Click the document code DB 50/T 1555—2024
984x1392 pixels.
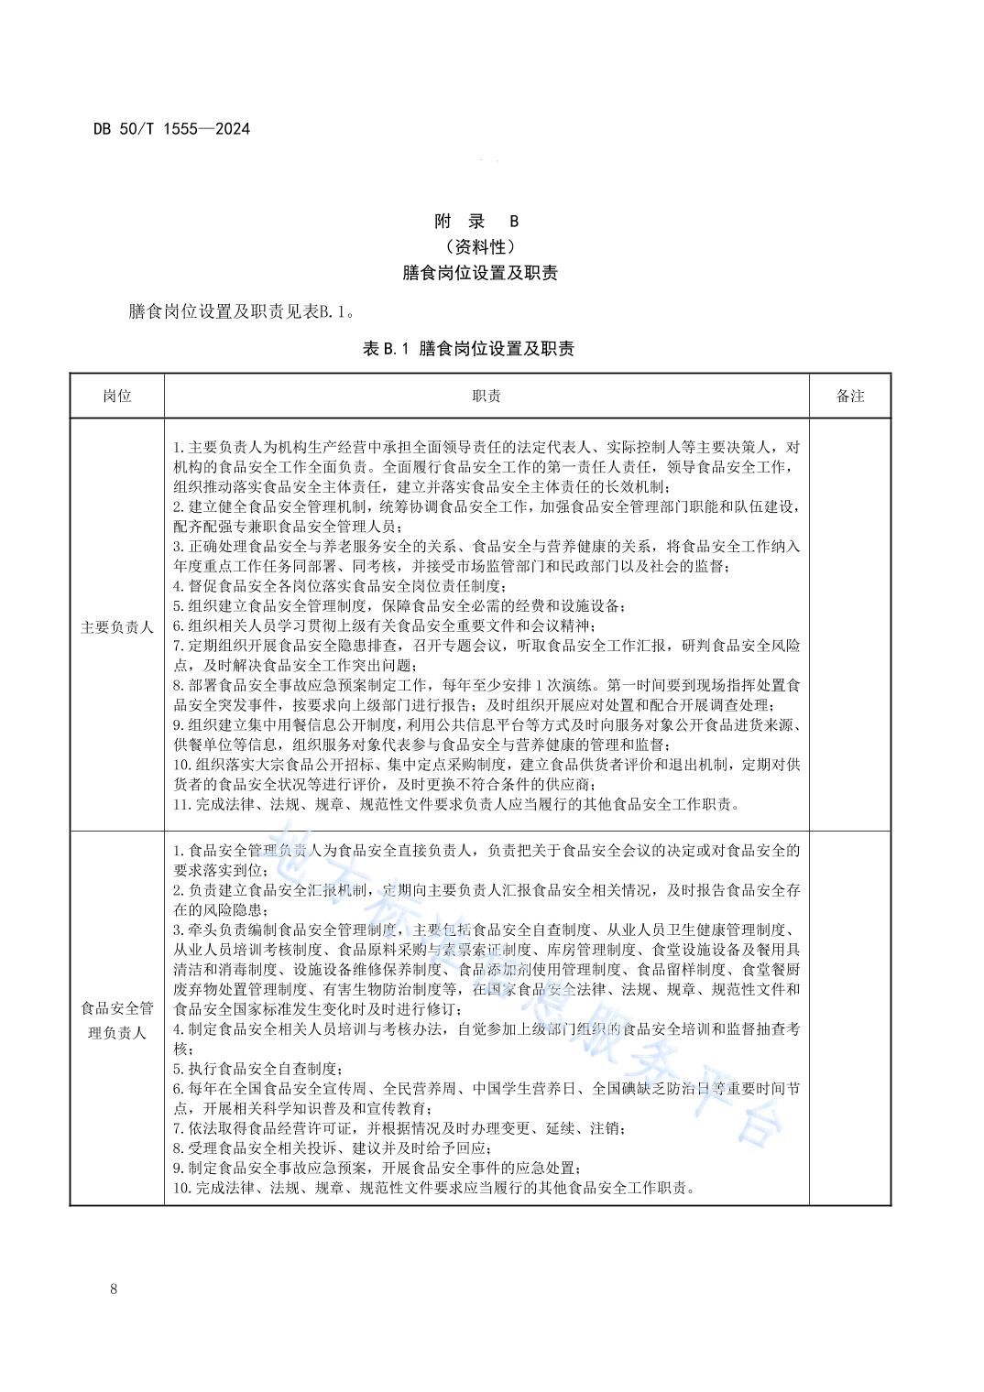pyautogui.click(x=171, y=129)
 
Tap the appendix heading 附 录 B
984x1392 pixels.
pyautogui.click(x=476, y=221)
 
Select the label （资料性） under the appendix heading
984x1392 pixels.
pyautogui.click(x=480, y=246)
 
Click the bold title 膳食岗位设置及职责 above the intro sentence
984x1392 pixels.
pyautogui.click(x=480, y=273)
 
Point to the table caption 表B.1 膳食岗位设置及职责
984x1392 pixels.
pyautogui.click(x=468, y=348)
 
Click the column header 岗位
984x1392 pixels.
pyautogui.click(x=116, y=396)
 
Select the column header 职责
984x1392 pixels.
pyautogui.click(x=486, y=396)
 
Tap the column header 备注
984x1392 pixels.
pyautogui.click(x=849, y=396)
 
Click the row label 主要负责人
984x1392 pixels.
pyautogui.click(x=116, y=627)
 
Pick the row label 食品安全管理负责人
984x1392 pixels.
pyautogui.click(x=116, y=1020)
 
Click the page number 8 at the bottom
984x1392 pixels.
pyautogui.click(x=114, y=1289)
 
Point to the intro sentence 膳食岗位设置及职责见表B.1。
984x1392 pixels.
pyautogui.click(x=241, y=312)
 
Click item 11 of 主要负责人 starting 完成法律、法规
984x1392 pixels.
pyautogui.click(x=455, y=804)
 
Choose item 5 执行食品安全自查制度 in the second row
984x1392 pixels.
pyautogui.click(x=258, y=1069)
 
